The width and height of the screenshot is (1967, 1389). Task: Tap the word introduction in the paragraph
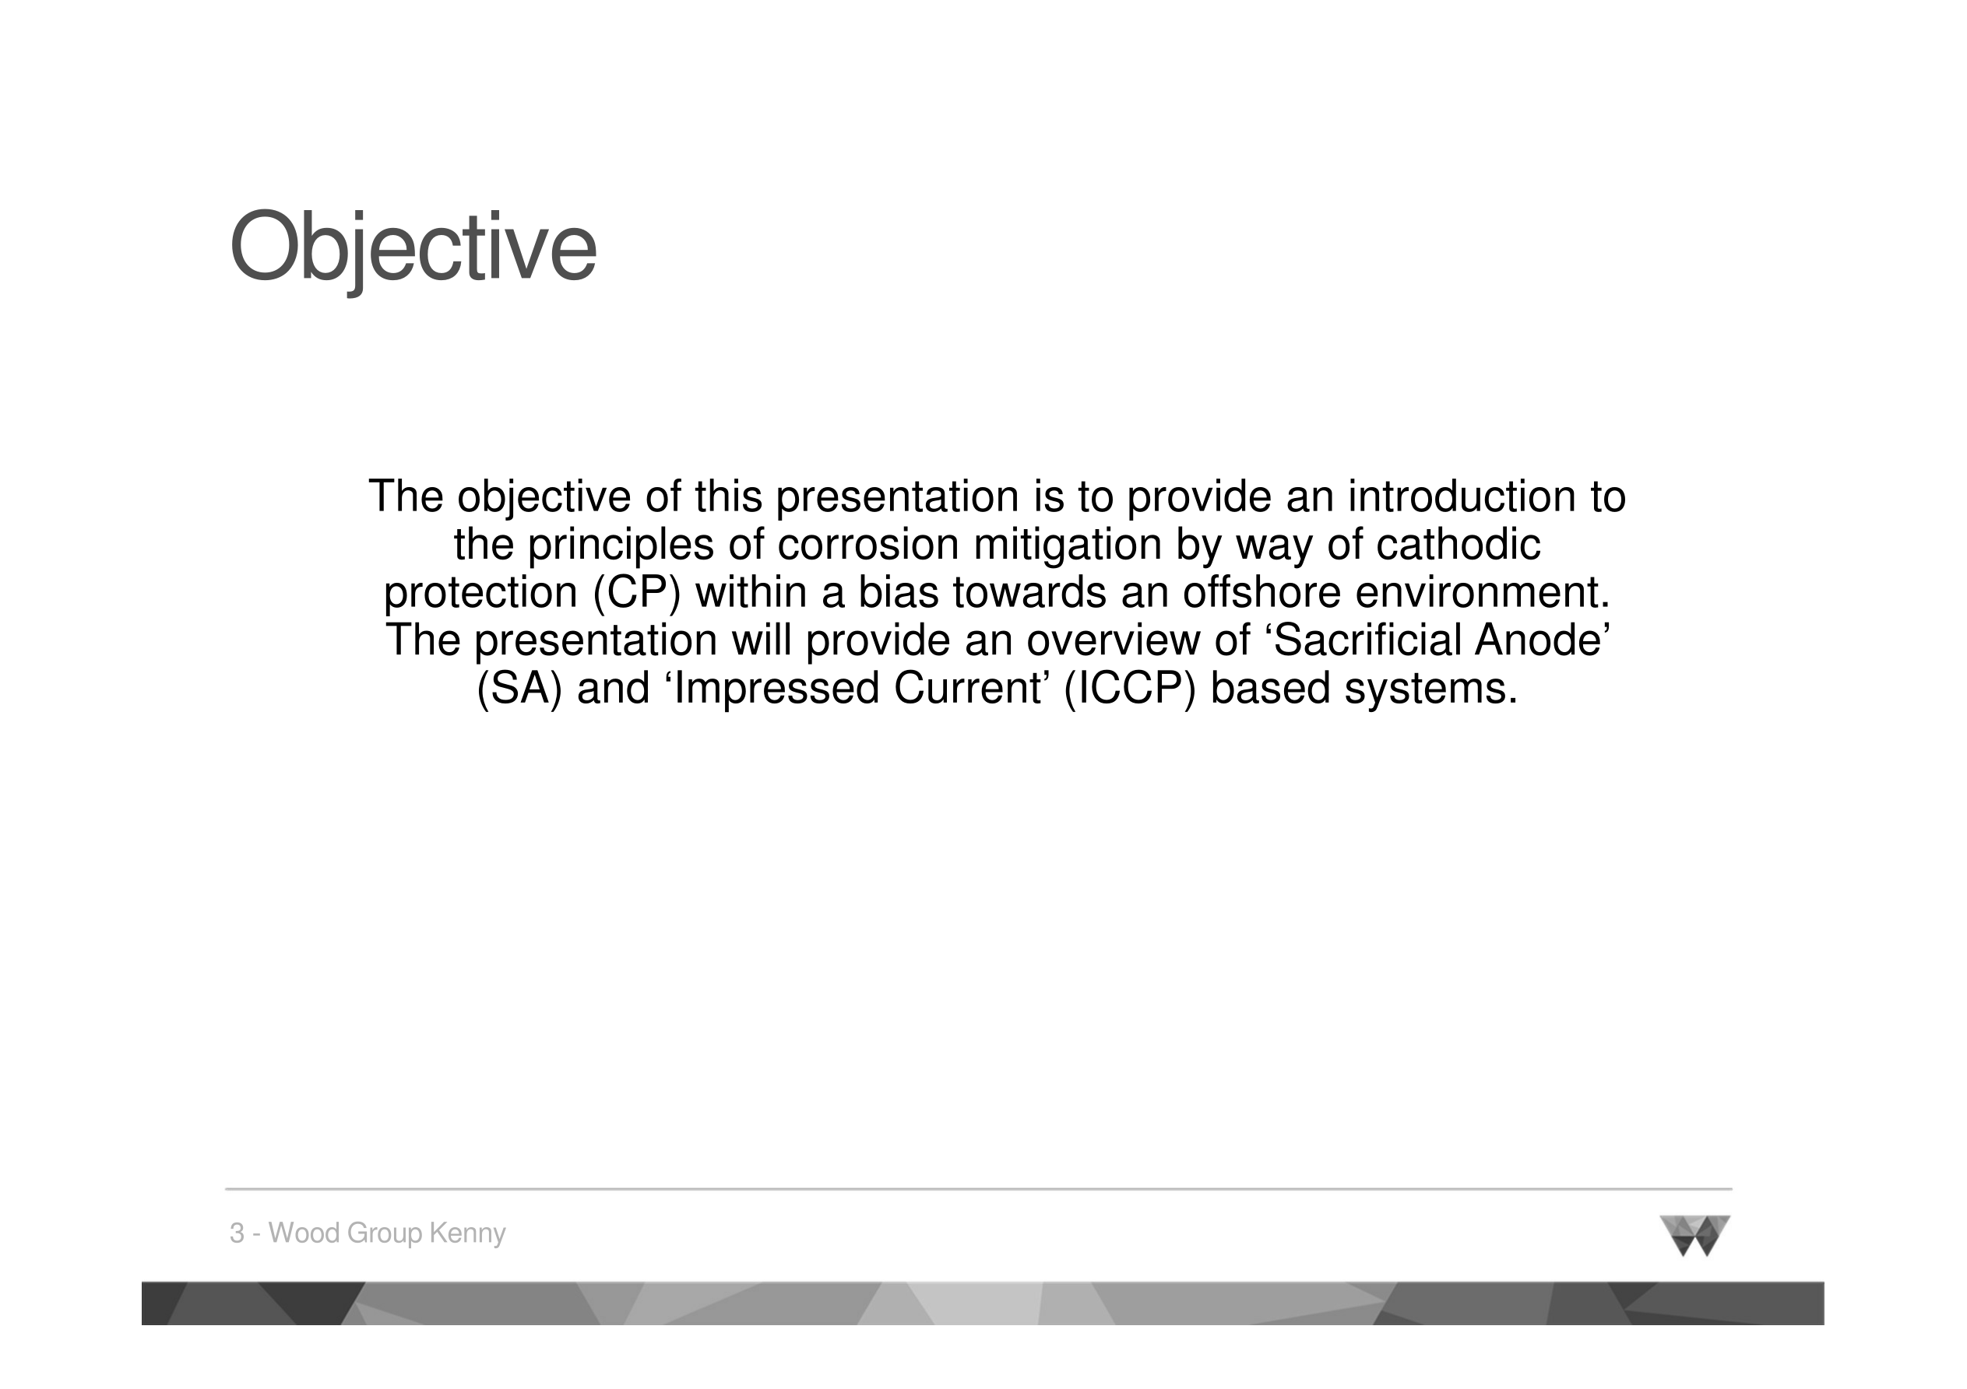tap(1462, 496)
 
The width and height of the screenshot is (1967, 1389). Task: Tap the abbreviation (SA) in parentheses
tap(520, 689)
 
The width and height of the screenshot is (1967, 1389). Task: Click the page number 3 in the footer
tap(238, 1234)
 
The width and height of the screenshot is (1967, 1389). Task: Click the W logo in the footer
tap(1694, 1236)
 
